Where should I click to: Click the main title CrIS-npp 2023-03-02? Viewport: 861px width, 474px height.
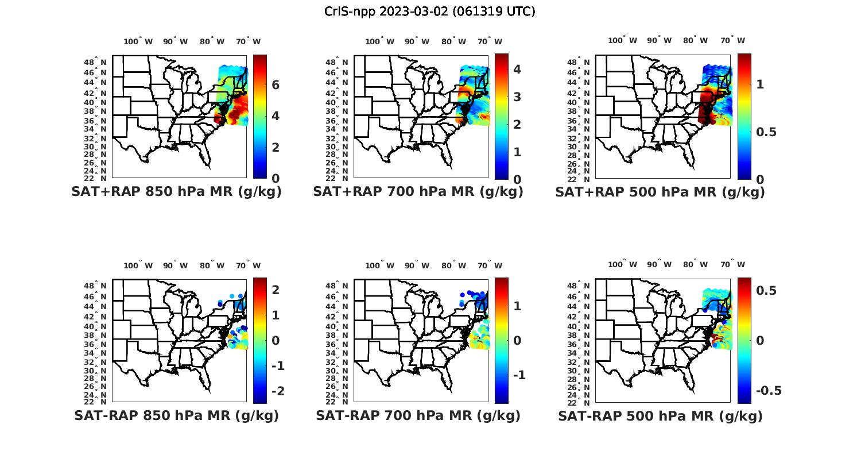tap(430, 11)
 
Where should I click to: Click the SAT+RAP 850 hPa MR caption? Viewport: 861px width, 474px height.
tap(177, 192)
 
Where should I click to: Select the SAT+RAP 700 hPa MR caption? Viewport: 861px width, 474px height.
tap(418, 192)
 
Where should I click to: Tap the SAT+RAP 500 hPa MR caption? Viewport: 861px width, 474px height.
tap(660, 192)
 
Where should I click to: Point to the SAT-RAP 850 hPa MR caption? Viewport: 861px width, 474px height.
tap(177, 415)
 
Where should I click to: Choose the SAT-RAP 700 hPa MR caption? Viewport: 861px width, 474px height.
tap(418, 415)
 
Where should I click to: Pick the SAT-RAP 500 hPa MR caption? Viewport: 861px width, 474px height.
tap(660, 415)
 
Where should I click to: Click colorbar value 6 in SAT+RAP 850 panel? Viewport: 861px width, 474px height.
tap(276, 85)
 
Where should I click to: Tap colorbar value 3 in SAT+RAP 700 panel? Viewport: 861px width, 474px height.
tap(517, 97)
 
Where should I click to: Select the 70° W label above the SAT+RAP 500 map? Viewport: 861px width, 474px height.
tap(733, 40)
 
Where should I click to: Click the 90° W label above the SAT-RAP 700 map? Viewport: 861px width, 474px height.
tap(417, 265)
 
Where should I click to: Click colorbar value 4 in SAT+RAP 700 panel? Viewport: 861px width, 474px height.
tap(517, 69)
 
